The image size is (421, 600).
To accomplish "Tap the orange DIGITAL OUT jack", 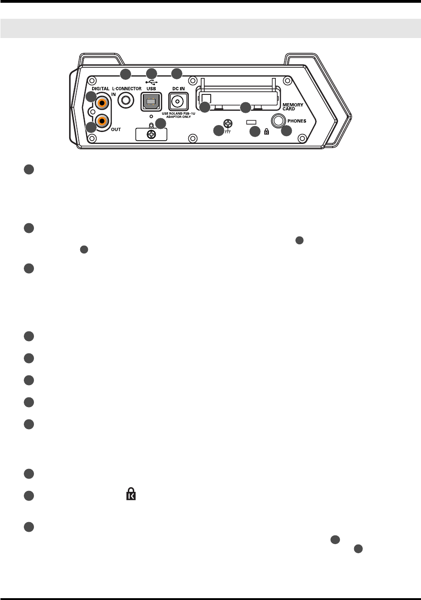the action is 103,121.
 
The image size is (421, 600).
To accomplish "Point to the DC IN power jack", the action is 176,101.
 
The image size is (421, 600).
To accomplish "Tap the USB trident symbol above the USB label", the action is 151,81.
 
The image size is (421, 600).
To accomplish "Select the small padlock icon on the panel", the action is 267,132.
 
